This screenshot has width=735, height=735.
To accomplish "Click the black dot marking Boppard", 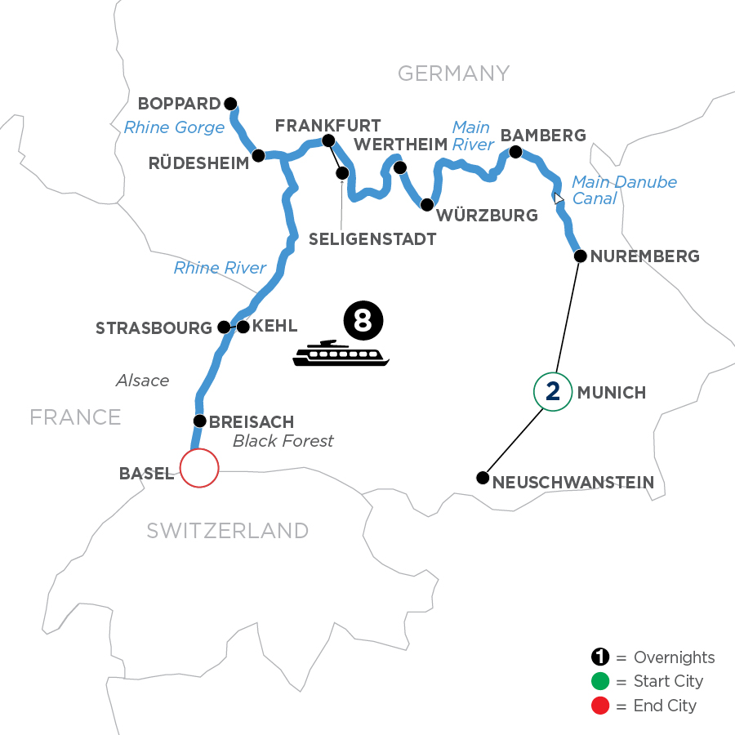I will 230,104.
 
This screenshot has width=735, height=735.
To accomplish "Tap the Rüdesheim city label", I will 198,163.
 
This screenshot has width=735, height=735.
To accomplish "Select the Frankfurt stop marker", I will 328,140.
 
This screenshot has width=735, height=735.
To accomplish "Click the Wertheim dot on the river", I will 400,168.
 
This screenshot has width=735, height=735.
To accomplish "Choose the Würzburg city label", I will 488,216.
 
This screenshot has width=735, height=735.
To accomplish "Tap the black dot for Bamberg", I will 515,152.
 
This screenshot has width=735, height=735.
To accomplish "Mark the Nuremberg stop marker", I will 579,256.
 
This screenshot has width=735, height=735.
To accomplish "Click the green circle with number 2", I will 553,393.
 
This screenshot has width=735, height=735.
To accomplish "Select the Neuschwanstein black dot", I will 483,478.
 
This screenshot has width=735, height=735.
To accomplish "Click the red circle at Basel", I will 199,469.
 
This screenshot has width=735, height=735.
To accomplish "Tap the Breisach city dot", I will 198,421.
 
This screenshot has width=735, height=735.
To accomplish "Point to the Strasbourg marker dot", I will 223,327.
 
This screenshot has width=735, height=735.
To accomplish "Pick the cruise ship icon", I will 341,353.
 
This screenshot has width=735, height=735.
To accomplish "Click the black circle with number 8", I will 363,319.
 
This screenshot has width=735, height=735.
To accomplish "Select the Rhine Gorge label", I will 174,127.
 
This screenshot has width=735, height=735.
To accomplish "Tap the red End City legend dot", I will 602,706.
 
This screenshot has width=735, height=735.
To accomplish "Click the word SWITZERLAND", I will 227,531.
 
